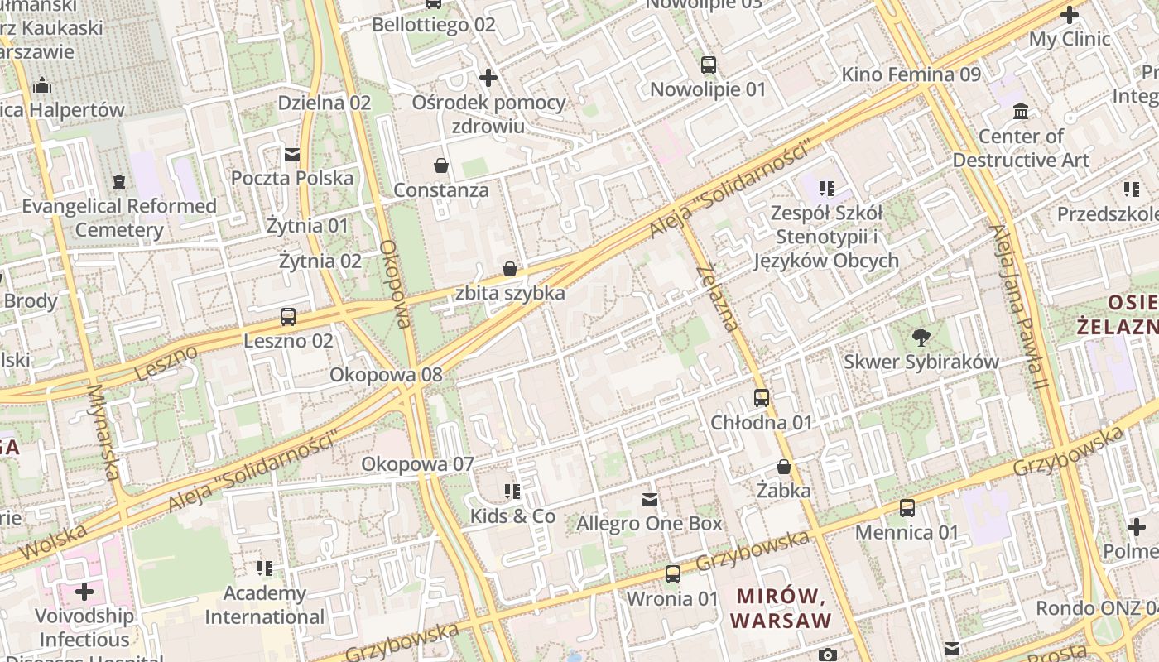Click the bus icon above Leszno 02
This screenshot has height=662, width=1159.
(x=288, y=316)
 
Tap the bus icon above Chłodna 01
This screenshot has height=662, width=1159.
(x=762, y=398)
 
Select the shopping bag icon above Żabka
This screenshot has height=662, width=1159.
(x=783, y=467)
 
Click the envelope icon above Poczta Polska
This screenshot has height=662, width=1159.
(x=291, y=154)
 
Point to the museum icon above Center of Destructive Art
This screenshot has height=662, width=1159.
(x=1021, y=111)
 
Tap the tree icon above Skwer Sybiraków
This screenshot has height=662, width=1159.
(x=920, y=337)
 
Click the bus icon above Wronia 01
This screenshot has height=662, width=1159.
(x=673, y=573)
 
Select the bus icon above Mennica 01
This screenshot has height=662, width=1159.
(x=907, y=508)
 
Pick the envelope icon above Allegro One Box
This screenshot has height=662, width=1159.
(x=650, y=499)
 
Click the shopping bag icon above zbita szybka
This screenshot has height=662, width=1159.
(x=510, y=269)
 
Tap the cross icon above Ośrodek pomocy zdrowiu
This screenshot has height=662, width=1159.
(x=488, y=78)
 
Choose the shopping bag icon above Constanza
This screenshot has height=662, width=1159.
(x=441, y=165)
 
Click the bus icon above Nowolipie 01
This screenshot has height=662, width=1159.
(x=708, y=65)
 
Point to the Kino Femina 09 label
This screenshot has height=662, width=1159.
(x=911, y=74)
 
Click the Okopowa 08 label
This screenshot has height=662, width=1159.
(x=386, y=375)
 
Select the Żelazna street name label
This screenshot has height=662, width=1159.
(x=717, y=298)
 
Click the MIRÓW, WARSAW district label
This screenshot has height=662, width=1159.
(x=781, y=608)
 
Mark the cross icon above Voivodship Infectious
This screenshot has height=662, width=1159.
(x=84, y=592)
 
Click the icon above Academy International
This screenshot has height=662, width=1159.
(x=265, y=568)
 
